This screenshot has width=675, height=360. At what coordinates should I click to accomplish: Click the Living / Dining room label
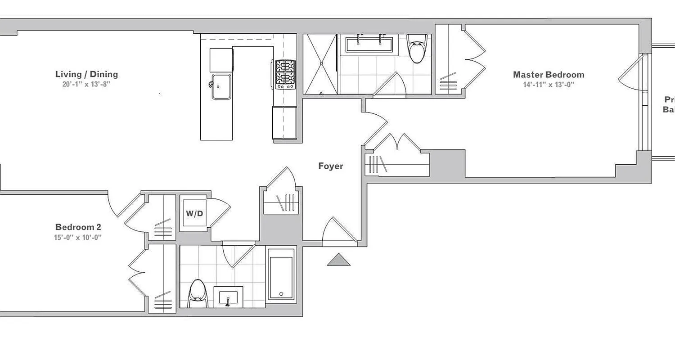(x=86, y=74)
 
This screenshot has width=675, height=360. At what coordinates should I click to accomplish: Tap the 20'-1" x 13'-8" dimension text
(x=86, y=84)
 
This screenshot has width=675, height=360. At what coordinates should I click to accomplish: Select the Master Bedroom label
(x=549, y=75)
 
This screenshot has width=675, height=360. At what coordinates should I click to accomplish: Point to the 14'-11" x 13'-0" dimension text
(x=549, y=85)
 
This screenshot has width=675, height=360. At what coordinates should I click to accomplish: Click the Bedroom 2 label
(x=78, y=227)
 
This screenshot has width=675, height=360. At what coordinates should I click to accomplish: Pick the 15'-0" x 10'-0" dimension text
(x=78, y=237)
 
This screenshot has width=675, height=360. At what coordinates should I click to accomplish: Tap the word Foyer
(x=331, y=166)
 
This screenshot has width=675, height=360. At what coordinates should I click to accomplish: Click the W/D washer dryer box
(x=194, y=213)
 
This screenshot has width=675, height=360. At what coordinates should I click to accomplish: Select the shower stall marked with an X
(x=321, y=64)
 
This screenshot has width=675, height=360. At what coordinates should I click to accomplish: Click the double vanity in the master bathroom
(x=369, y=45)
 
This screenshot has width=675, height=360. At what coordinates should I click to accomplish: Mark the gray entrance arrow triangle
(x=338, y=260)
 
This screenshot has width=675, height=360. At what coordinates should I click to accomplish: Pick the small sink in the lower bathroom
(x=228, y=297)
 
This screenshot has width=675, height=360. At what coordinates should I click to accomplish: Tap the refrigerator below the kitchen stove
(x=284, y=122)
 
